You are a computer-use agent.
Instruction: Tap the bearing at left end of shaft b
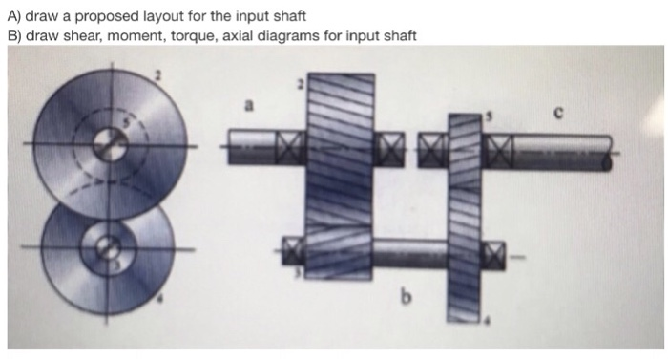click(x=291, y=252)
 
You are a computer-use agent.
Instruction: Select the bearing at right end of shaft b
click(x=493, y=253)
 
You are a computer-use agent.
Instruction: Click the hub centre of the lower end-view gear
click(x=111, y=250)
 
